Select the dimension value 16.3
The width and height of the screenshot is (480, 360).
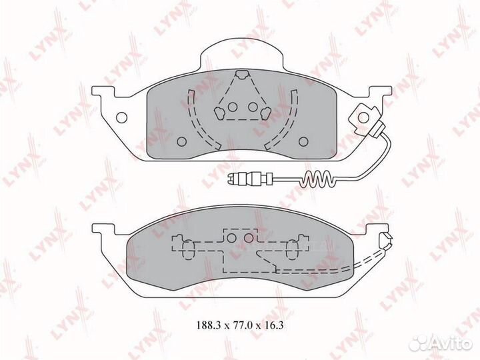273,325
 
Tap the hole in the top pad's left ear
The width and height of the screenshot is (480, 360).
122,117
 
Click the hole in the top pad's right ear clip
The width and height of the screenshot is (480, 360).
364,117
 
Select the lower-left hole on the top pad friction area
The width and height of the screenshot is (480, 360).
182,141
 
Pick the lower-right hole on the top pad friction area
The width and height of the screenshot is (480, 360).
303,141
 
